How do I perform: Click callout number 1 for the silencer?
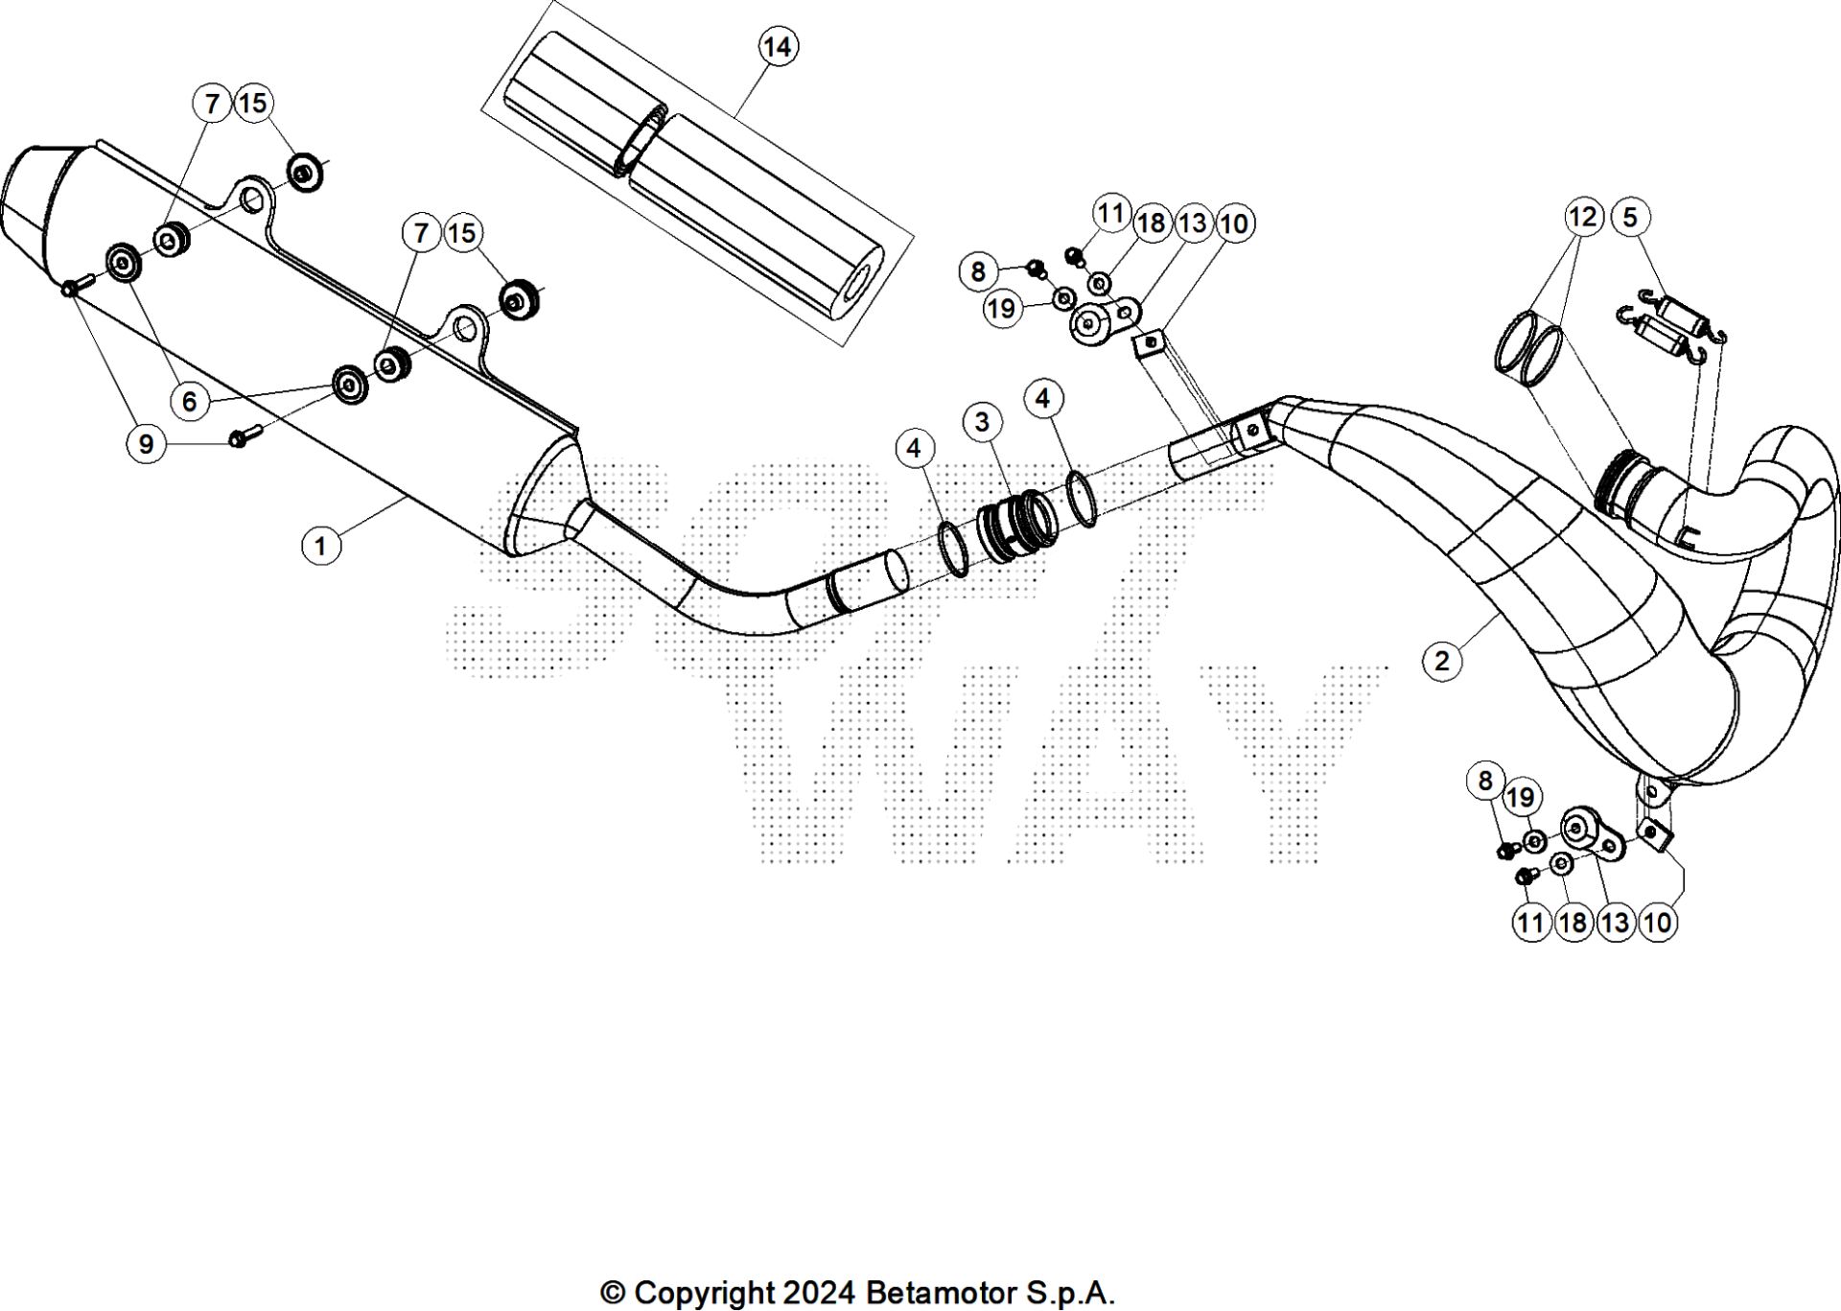320,547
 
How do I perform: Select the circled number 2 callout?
1442,660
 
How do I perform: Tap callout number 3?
982,421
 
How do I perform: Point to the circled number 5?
1630,217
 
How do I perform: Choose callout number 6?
189,401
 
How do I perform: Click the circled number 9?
146,444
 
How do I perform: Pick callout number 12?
1582,217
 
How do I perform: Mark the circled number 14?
778,46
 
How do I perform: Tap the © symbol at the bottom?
612,1293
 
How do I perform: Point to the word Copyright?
704,1293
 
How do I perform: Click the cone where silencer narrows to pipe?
542,508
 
